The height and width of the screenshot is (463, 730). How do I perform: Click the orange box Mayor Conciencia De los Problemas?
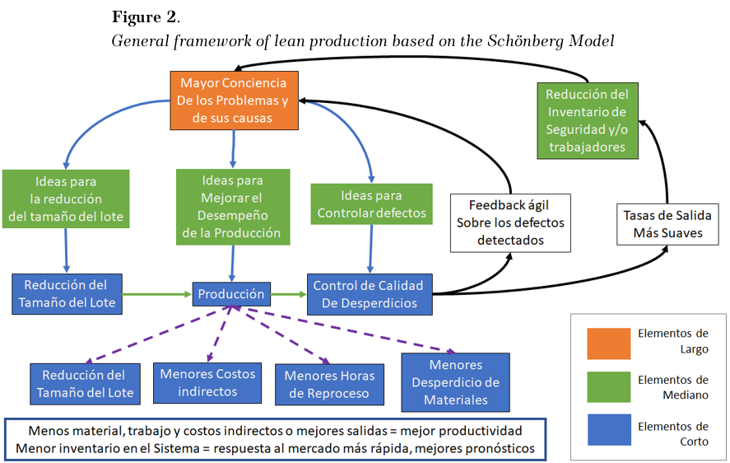coord(234,101)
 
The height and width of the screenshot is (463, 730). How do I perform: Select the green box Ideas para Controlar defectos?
coord(371,203)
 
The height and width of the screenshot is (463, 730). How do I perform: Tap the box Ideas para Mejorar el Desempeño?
coord(233,207)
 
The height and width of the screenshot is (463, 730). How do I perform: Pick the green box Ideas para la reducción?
coord(66,199)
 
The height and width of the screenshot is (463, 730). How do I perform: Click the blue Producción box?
coord(231,294)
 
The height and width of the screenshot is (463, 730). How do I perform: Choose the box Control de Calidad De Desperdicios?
coord(370,294)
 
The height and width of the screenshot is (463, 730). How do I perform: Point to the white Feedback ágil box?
coord(510,223)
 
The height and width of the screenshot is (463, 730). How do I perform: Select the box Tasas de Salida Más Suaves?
coord(667,224)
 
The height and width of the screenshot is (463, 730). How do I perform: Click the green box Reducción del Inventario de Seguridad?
coord(588,121)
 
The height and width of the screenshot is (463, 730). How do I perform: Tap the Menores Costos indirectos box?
coord(207,383)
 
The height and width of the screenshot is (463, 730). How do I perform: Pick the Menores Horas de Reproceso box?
coord(330,385)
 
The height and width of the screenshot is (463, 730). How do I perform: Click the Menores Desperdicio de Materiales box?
coord(456,382)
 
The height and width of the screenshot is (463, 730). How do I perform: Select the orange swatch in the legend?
coord(608,344)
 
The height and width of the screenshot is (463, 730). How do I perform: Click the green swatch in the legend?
coord(608,387)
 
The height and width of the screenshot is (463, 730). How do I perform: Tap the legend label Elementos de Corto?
coord(673,433)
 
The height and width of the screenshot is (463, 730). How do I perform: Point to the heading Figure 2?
coord(146,17)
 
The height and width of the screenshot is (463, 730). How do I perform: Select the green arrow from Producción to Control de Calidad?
coord(289,294)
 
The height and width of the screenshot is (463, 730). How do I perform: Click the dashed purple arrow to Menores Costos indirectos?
coord(219,334)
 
